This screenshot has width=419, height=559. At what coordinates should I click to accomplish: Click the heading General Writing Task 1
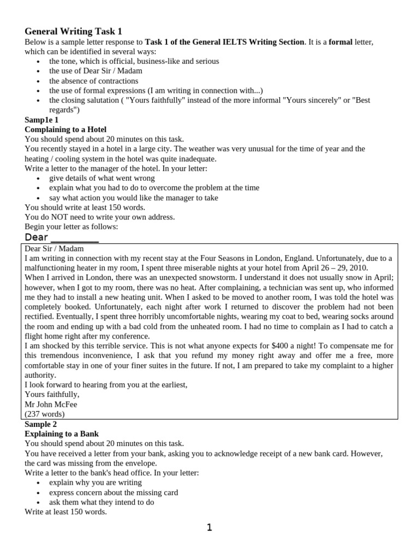77,31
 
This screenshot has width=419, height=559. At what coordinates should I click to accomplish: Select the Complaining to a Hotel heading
65,129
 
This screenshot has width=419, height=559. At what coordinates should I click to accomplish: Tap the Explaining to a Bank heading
61,433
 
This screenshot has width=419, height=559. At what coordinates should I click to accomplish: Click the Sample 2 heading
41,424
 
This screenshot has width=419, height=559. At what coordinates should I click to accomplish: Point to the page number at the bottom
209,527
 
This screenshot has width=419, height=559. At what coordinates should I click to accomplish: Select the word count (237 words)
45,414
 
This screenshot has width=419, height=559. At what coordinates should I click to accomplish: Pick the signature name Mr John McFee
51,404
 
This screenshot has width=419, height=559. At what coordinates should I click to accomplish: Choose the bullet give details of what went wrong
102,178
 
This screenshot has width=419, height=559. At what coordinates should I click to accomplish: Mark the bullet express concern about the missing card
113,492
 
